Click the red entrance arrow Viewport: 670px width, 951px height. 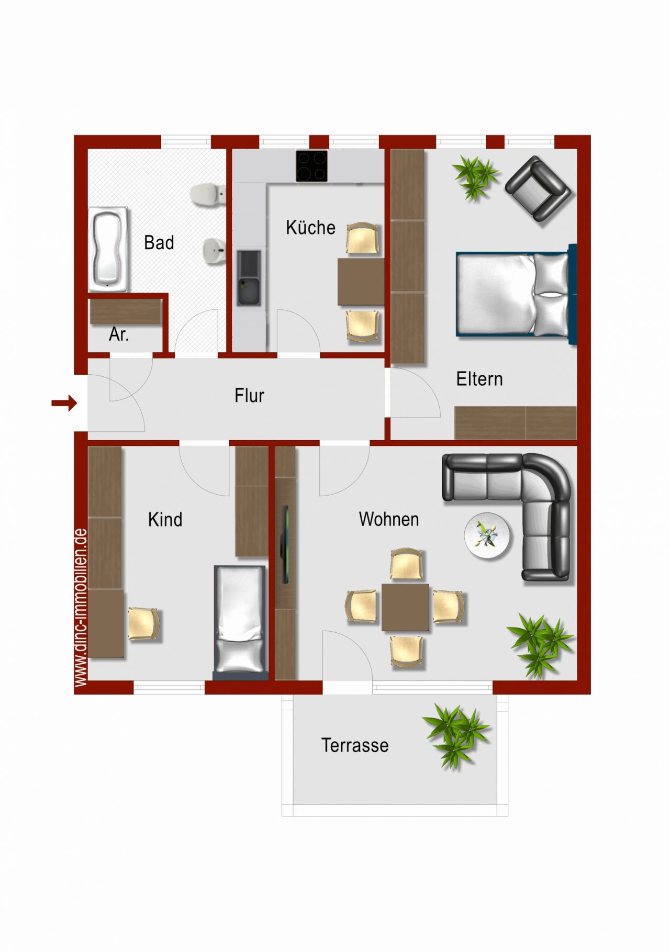(64, 403)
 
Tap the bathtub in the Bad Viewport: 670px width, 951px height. (108, 249)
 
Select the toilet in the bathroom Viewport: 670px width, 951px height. (208, 195)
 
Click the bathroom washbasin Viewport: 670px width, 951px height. (214, 252)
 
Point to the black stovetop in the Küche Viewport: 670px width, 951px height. (312, 166)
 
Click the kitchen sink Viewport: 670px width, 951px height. (249, 278)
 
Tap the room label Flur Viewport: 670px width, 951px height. (249, 396)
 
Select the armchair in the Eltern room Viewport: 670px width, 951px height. (538, 188)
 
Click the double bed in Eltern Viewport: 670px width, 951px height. (516, 294)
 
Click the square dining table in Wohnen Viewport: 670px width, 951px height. (405, 607)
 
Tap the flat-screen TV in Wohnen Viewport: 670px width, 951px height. (285, 544)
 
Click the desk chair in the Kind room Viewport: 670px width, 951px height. (144, 623)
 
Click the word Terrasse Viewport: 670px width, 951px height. (355, 745)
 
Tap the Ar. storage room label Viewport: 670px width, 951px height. (119, 334)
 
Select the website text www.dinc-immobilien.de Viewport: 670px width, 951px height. (81, 608)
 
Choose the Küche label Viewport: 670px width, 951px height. (310, 227)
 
